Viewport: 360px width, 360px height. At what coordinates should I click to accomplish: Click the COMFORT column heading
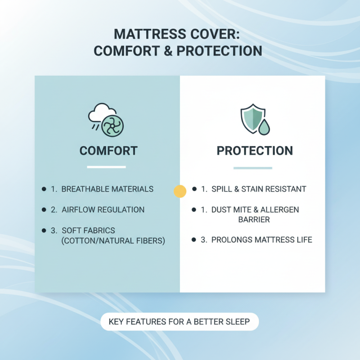(x=108, y=150)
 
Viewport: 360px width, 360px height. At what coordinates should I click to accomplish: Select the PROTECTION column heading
(x=255, y=150)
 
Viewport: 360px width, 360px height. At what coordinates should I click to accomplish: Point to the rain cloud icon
(x=99, y=113)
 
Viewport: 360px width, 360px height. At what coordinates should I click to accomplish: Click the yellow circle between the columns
(x=180, y=191)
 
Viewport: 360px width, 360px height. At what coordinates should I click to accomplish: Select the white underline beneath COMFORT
(x=106, y=167)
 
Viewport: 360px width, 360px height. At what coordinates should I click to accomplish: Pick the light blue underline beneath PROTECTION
(x=252, y=168)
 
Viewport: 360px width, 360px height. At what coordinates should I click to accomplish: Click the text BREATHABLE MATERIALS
(x=107, y=189)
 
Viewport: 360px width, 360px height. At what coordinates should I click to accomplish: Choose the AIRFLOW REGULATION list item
(x=103, y=210)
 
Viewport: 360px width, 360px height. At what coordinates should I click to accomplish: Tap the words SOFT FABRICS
(x=88, y=230)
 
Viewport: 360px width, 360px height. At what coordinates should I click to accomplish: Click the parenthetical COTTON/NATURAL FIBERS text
(x=113, y=241)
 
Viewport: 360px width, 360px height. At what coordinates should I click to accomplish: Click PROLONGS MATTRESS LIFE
(x=261, y=240)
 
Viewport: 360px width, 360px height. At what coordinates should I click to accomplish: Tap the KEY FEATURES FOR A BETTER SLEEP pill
(x=180, y=322)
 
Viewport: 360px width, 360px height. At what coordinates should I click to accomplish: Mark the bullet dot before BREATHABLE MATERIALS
(x=44, y=189)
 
